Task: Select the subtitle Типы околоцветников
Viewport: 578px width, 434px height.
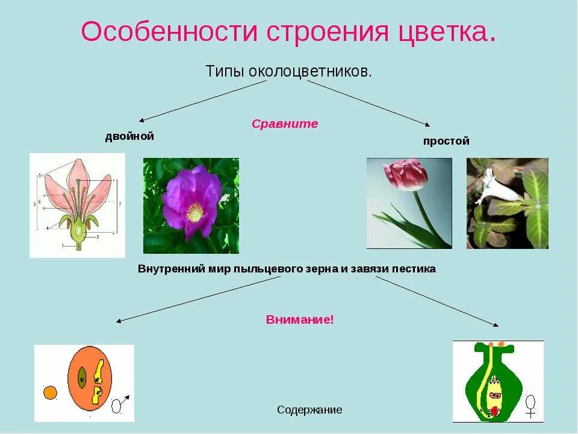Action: [x=289, y=71]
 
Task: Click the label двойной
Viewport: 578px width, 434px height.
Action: [x=129, y=136]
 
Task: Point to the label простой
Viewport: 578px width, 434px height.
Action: [x=446, y=141]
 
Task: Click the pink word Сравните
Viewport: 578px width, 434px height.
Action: [x=285, y=124]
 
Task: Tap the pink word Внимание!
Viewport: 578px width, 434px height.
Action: [x=300, y=319]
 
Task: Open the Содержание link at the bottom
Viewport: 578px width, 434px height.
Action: [x=309, y=410]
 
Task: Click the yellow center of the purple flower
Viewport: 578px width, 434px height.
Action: [x=194, y=212]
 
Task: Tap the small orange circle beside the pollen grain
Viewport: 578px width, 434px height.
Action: [x=50, y=393]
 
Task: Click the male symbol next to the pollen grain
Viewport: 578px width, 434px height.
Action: [x=119, y=403]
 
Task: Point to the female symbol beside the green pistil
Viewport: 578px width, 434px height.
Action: [x=530, y=405]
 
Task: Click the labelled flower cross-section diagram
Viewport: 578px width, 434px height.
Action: [x=77, y=205]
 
